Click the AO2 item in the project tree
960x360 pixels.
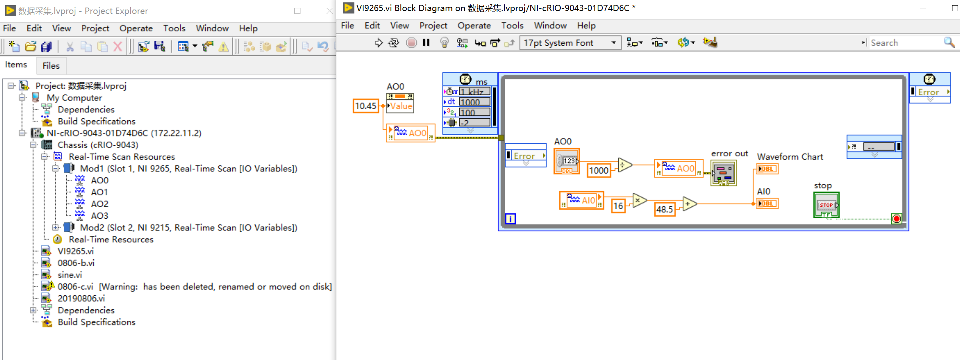(99, 204)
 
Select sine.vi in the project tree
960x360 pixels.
(69, 275)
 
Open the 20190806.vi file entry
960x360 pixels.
(81, 298)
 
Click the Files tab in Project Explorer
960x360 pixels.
(51, 65)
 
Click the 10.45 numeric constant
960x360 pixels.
(365, 106)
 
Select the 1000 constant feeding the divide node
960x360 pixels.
(598, 171)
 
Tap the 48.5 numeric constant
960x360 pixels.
(664, 209)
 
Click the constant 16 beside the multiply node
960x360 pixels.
(618, 206)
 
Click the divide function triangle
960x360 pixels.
(624, 165)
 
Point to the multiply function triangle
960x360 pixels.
(638, 200)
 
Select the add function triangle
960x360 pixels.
(689, 204)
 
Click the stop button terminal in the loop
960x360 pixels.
(826, 205)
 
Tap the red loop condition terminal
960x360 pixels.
(896, 219)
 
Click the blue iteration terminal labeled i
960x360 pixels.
(510, 219)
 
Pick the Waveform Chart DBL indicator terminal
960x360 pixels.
(767, 169)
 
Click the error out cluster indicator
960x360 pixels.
(723, 173)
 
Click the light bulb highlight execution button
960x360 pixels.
(444, 43)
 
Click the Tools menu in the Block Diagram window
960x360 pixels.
(512, 26)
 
